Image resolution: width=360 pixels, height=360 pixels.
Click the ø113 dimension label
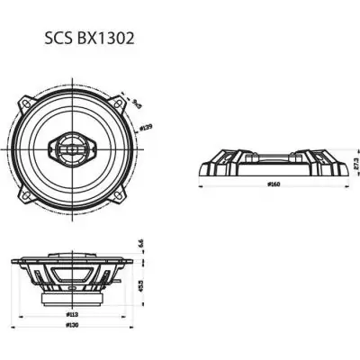point(73,316)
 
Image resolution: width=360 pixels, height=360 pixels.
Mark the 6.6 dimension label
point(142,245)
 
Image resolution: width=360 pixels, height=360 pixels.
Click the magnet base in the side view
point(73,294)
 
